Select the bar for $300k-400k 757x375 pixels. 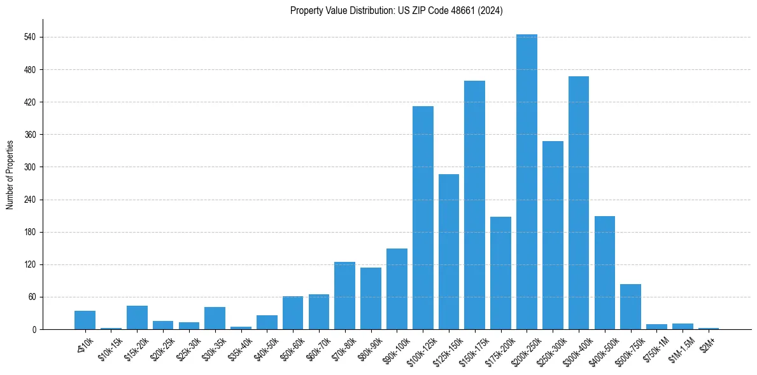(578, 203)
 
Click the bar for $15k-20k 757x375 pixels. (137, 317)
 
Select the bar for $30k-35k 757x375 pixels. (215, 318)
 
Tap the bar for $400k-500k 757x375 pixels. (604, 273)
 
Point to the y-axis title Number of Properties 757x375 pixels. (10, 174)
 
